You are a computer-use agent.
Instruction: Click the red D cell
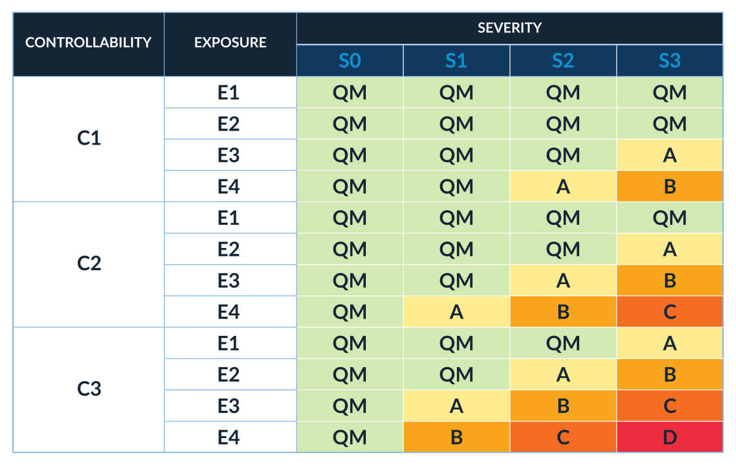pyautogui.click(x=669, y=437)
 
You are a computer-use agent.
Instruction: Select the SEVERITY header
pyautogui.click(x=509, y=28)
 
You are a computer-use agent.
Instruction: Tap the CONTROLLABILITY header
pyautogui.click(x=88, y=43)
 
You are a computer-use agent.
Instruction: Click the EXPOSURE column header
pyautogui.click(x=230, y=43)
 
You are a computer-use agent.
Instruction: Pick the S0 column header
pyautogui.click(x=350, y=61)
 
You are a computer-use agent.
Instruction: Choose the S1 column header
pyautogui.click(x=456, y=61)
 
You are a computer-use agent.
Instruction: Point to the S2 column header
pyautogui.click(x=563, y=61)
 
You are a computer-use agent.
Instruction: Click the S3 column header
pyautogui.click(x=669, y=61)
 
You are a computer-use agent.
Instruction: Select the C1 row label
pyautogui.click(x=88, y=139)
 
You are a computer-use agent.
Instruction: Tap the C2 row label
pyautogui.click(x=88, y=264)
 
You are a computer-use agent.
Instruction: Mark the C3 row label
pyautogui.click(x=88, y=389)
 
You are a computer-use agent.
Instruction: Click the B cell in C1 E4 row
pyautogui.click(x=669, y=187)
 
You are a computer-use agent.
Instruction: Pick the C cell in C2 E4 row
pyautogui.click(x=669, y=312)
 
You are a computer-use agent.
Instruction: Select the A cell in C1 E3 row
pyautogui.click(x=669, y=155)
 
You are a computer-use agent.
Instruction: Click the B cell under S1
pyautogui.click(x=456, y=437)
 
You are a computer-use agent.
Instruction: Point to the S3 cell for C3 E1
pyautogui.click(x=669, y=343)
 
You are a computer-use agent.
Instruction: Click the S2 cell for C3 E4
pyautogui.click(x=563, y=437)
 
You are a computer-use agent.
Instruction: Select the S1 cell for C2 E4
pyautogui.click(x=456, y=312)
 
